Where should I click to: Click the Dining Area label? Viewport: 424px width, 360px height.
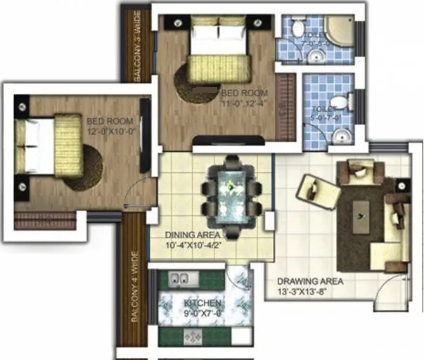(192, 235)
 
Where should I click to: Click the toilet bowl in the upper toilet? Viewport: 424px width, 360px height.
(298, 29)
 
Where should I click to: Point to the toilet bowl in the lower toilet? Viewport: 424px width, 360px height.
(340, 103)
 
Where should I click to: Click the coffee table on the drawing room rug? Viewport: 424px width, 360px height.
(362, 209)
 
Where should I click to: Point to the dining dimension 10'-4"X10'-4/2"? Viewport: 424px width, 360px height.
(192, 245)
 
